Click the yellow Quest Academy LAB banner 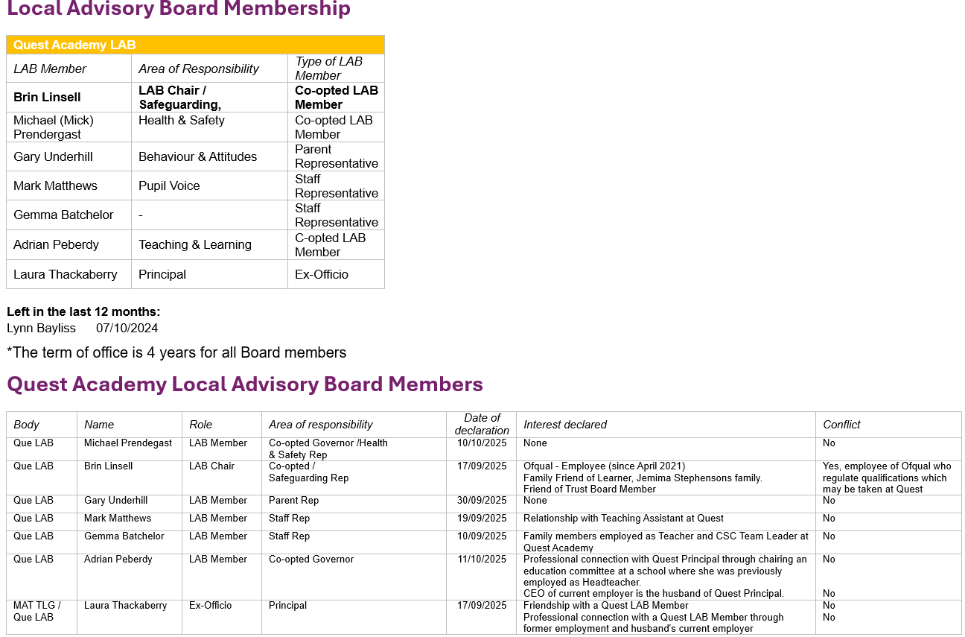(195, 45)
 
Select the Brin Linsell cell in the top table (47, 97)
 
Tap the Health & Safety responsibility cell (181, 120)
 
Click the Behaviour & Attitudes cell (197, 156)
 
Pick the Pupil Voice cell (169, 186)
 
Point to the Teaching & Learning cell (194, 244)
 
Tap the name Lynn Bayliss (41, 328)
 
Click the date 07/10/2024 (127, 328)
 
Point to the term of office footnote (176, 352)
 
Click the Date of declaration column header (482, 424)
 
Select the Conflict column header (841, 425)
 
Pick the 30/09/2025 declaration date (481, 501)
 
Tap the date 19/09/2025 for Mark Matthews (481, 519)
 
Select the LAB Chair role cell (211, 466)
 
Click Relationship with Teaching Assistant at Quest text (623, 519)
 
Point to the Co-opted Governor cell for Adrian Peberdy (311, 560)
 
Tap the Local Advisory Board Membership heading (179, 10)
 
